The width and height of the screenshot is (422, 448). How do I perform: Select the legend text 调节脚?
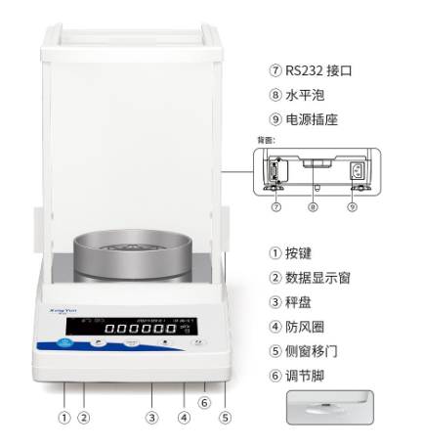coord(308,378)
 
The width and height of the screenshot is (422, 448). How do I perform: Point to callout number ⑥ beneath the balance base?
coord(203,402)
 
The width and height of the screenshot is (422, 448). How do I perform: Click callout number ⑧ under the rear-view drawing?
coord(313,206)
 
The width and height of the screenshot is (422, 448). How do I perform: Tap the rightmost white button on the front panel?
coord(199,343)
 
